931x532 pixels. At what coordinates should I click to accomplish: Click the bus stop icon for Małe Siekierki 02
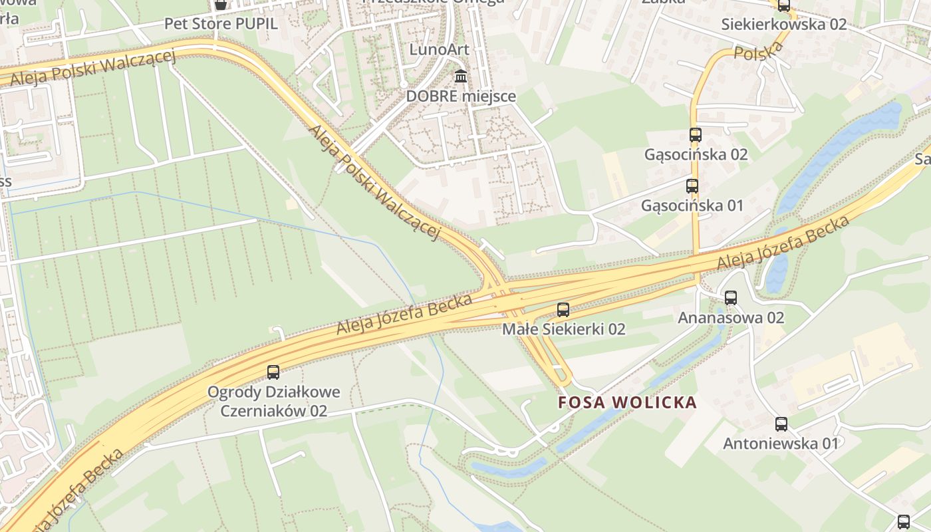point(563,309)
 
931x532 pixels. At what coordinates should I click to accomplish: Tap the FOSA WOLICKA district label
point(627,402)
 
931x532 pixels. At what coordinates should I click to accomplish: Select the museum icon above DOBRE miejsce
point(460,76)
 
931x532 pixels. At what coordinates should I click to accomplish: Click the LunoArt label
point(439,49)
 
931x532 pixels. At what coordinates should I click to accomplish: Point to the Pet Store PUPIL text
point(221,24)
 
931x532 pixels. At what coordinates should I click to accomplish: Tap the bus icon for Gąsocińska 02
point(696,135)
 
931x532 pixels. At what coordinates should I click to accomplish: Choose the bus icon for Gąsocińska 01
point(692,186)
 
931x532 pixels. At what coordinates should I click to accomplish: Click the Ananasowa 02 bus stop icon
point(731,298)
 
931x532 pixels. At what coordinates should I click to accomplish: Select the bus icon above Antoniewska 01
point(781,424)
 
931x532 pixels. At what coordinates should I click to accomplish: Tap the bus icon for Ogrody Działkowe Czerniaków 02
point(273,372)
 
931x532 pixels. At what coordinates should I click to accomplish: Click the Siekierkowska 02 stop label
point(784,25)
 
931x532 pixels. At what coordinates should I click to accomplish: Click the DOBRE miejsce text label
point(461,96)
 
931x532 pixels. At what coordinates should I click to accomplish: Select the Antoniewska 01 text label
point(781,443)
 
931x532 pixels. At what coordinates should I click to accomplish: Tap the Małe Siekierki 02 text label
point(563,329)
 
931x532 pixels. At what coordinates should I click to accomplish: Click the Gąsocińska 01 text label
point(692,205)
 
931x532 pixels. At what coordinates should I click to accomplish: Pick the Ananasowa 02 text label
point(731,318)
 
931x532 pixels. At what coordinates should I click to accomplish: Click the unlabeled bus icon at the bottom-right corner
point(903,522)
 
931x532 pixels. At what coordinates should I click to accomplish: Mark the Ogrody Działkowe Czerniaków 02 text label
point(273,401)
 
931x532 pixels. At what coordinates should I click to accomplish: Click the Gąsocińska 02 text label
point(696,154)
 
